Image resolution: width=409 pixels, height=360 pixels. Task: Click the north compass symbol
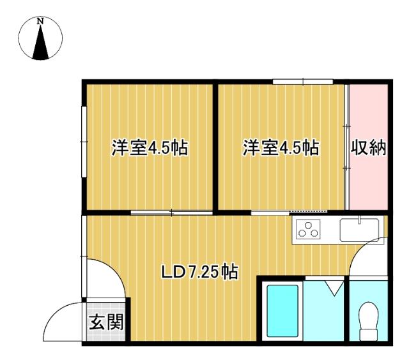click(x=41, y=40)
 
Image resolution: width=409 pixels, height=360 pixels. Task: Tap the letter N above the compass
click(x=41, y=21)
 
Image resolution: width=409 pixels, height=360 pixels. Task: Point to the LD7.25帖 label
click(x=199, y=273)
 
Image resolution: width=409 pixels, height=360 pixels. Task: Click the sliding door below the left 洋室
click(x=171, y=212)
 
